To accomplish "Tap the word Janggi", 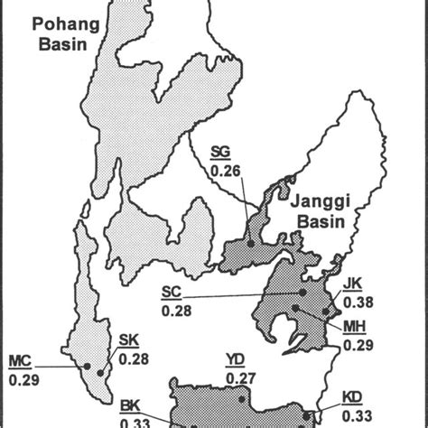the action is pyautogui.click(x=315, y=206).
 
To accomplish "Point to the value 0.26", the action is pyautogui.click(x=223, y=169).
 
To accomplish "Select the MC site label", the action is pyautogui.click(x=21, y=361).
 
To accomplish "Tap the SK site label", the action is pyautogui.click(x=129, y=341).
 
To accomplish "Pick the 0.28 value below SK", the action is pyautogui.click(x=133, y=358).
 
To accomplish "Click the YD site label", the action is pyautogui.click(x=236, y=361).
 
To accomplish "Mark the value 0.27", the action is pyautogui.click(x=238, y=377).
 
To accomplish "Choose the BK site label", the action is pyautogui.click(x=129, y=405).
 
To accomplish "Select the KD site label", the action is pyautogui.click(x=353, y=395).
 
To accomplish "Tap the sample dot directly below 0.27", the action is pyautogui.click(x=242, y=399).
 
